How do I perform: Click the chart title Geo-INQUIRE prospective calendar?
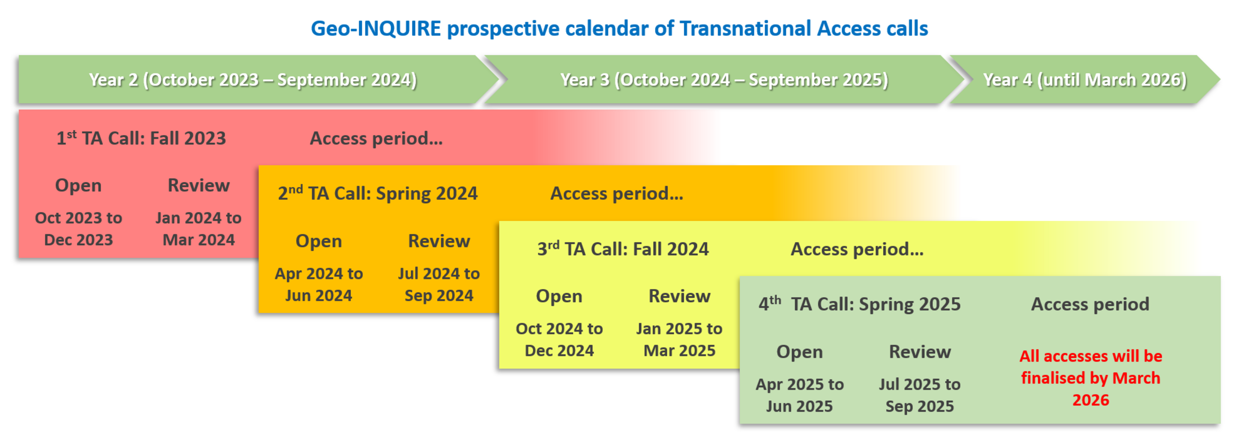tap(619, 29)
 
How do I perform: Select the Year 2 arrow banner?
tap(259, 80)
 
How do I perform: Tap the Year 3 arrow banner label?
tap(724, 80)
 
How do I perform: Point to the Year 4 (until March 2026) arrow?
tap(1085, 80)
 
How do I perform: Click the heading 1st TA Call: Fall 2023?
tap(141, 138)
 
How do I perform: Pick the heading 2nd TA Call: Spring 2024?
tap(378, 193)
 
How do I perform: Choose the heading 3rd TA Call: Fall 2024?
tap(623, 249)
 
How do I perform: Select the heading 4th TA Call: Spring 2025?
tap(859, 304)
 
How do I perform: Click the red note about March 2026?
tap(1091, 378)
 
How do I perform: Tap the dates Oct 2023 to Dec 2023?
tap(79, 229)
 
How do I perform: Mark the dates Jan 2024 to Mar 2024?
tap(199, 229)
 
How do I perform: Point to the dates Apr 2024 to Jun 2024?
tap(319, 284)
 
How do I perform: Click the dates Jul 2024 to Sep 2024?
tap(439, 284)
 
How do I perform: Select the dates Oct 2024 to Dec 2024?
tap(559, 340)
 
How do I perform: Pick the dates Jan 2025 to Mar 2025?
tap(679, 340)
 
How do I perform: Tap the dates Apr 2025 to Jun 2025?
tap(800, 395)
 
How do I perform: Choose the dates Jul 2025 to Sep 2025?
tap(920, 395)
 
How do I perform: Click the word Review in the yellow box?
tap(679, 296)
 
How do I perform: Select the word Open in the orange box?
tap(319, 241)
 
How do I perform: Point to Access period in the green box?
tap(1090, 304)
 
